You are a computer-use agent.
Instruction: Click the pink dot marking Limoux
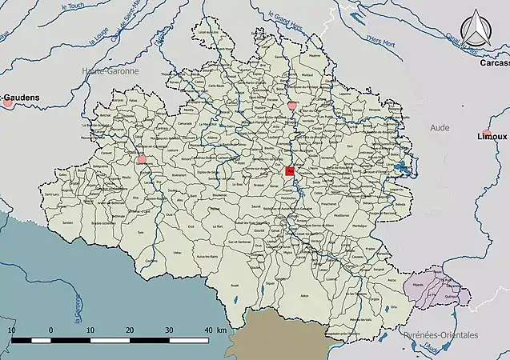pos(486,133)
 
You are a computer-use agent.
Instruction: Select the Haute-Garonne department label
pos(110,71)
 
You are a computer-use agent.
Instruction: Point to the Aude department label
pos(440,127)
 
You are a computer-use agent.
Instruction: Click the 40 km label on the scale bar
pos(215,330)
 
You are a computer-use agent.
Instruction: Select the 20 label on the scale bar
pos(130,330)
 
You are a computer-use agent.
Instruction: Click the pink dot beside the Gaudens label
pos(8,102)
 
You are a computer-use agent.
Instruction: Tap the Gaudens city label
pos(22,99)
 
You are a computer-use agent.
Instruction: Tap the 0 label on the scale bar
pos(50,330)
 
